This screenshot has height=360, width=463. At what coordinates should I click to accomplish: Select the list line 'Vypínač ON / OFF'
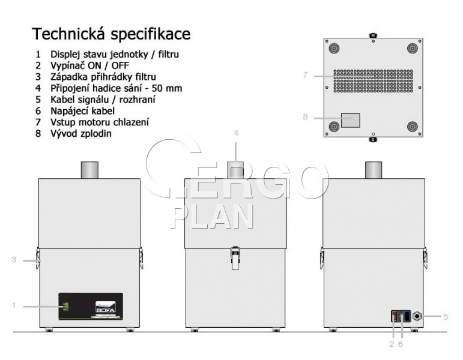89,65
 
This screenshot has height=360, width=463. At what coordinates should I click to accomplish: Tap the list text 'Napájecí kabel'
82,110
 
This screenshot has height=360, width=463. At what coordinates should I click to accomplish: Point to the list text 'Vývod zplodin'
81,133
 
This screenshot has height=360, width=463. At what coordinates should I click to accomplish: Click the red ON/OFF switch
394,316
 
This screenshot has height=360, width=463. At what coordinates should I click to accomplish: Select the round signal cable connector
417,316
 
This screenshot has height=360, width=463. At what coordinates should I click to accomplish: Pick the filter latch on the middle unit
235,257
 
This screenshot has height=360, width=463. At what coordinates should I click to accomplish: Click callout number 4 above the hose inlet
236,133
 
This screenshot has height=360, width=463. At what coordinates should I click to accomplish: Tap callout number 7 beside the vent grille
305,75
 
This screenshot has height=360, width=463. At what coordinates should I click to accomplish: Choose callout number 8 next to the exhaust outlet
305,117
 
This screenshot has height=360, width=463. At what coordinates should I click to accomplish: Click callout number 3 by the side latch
14,260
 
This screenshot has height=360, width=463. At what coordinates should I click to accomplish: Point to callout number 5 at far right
446,317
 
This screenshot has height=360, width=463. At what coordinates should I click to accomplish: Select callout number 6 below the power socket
401,344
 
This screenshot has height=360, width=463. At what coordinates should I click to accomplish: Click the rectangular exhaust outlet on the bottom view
351,121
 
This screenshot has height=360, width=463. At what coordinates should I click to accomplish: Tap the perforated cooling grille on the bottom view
374,81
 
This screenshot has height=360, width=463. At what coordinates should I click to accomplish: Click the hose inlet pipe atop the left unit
89,170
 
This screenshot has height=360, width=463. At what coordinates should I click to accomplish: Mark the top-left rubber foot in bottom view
334,48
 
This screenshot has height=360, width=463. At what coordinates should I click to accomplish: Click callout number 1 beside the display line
14,305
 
